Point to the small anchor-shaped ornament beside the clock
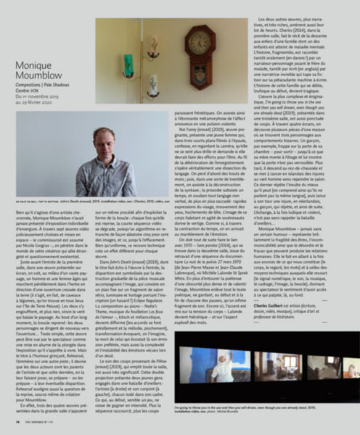click(x=152, y=47)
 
